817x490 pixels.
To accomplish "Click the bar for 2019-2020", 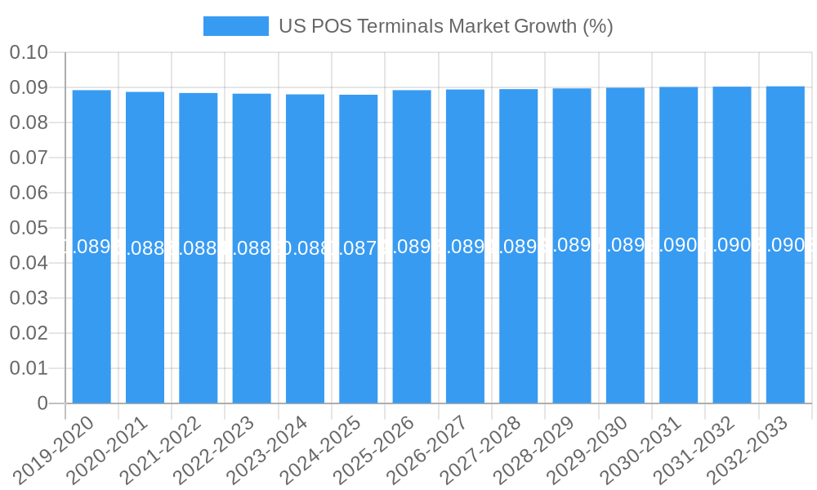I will [92, 245].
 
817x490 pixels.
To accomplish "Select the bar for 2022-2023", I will [252, 245].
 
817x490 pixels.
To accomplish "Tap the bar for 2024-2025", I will [359, 245].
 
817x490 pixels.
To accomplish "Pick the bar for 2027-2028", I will [519, 245].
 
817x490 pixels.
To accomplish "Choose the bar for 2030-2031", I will [679, 245].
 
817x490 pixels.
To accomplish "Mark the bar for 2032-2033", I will [785, 245].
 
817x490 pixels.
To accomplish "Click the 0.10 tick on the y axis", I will [29, 53].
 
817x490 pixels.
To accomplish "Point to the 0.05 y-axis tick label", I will [29, 229].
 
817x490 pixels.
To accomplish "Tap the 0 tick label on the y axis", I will [42, 403].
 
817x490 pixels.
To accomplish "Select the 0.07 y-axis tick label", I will [29, 158].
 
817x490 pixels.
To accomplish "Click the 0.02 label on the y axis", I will [29, 333].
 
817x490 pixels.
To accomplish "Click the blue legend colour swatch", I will [235, 26].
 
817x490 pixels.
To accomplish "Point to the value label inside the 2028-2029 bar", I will [572, 245].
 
